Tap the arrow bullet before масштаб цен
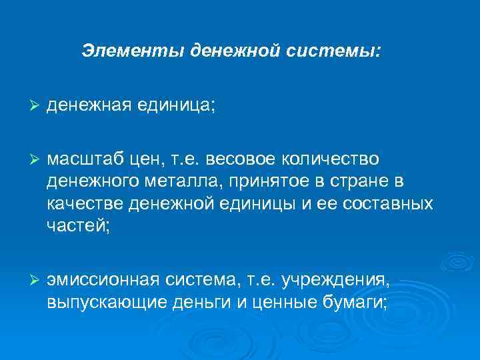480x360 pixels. pyautogui.click(x=37, y=159)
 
